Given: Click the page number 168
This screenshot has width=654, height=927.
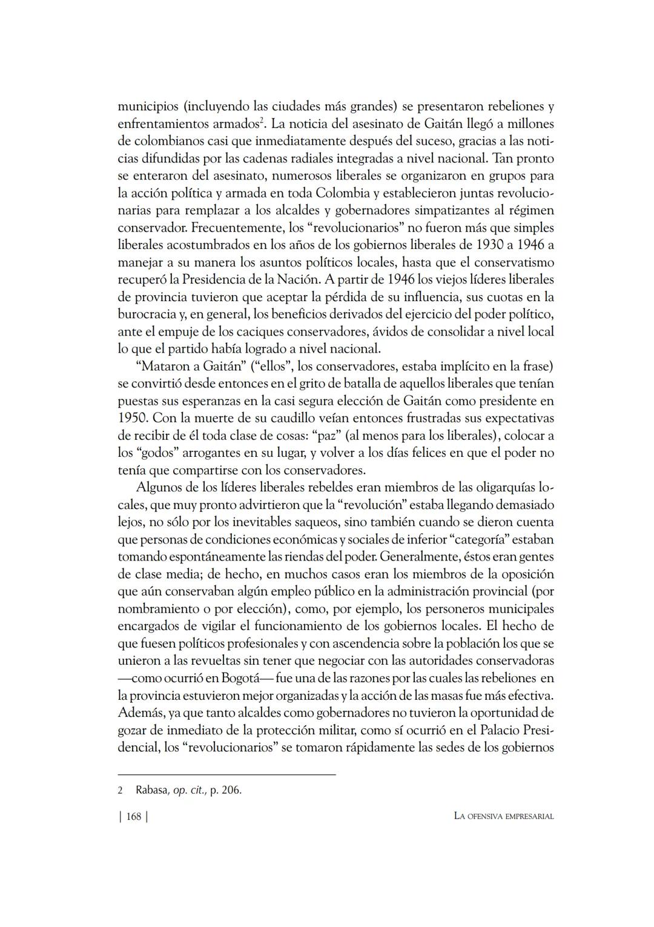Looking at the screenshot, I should click(133, 816).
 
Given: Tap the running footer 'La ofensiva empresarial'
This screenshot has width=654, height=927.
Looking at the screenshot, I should click(503, 816).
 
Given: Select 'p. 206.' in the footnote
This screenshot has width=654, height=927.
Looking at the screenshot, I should click(226, 790).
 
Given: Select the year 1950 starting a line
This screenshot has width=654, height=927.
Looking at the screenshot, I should click(131, 419).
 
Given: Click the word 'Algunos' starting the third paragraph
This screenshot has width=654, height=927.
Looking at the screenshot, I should click(158, 488).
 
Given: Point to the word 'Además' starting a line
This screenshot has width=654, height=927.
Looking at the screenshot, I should click(137, 713).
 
